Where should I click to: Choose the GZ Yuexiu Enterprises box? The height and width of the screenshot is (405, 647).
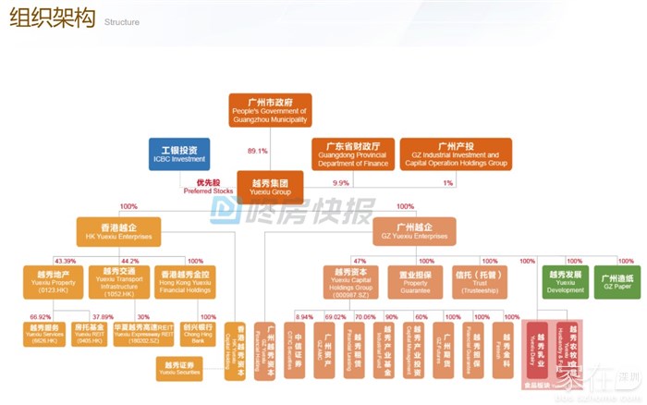(x=415, y=230)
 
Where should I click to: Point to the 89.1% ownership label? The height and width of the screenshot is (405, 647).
(x=258, y=151)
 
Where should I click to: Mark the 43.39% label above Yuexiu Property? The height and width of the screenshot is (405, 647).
(x=65, y=261)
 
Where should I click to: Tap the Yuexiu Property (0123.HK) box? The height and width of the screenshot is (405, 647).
(x=52, y=281)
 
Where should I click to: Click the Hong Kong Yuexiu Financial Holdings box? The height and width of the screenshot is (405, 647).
(x=183, y=281)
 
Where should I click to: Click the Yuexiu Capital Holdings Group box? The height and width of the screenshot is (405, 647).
(x=348, y=281)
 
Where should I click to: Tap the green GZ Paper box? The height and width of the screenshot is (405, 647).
(x=615, y=281)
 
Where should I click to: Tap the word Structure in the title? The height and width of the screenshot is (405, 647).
(x=122, y=22)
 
